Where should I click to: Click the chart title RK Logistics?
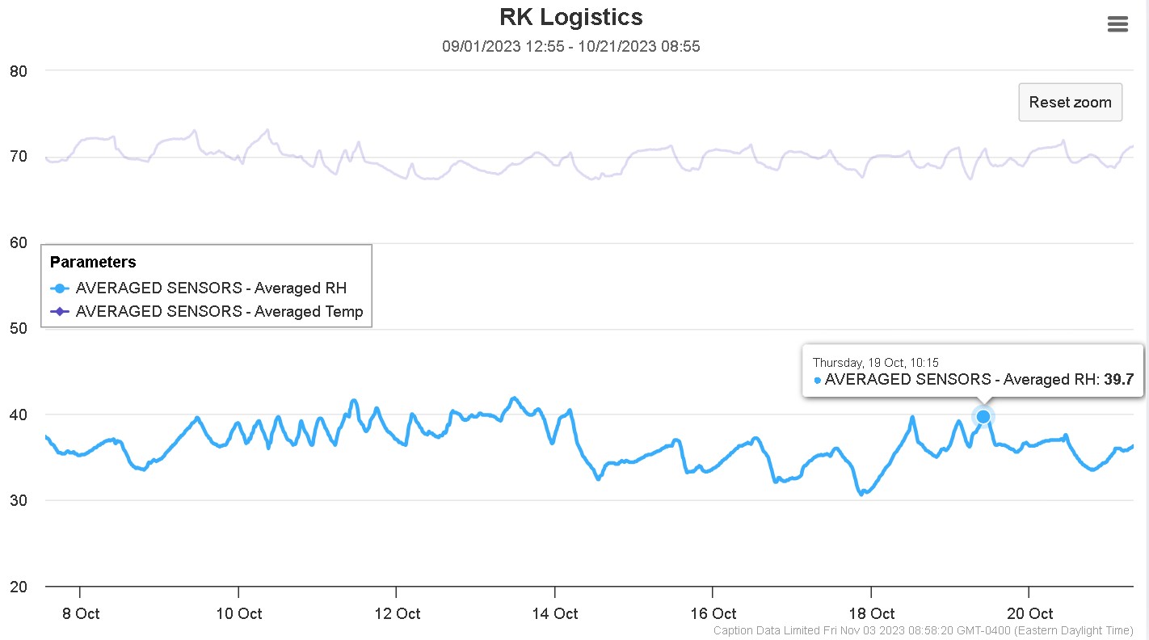pos(570,17)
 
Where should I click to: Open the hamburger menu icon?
pos(1117,24)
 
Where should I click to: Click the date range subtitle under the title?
pos(570,47)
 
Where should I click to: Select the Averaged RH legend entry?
pos(211,288)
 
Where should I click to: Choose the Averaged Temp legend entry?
pos(219,311)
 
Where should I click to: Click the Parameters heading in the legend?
pos(93,262)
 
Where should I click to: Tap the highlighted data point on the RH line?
pos(983,416)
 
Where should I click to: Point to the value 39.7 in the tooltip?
pos(1119,379)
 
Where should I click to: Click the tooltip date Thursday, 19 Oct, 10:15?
pos(875,363)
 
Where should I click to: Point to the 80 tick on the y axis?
pos(19,71)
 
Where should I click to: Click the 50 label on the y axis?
pos(19,329)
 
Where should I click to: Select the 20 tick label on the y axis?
pos(19,587)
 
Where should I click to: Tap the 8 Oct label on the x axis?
pos(81,613)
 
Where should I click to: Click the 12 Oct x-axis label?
pos(397,613)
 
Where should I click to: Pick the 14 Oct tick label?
pos(555,613)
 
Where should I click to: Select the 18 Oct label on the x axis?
pos(871,613)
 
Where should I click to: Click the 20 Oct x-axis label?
pos(1029,613)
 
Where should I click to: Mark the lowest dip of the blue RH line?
pos(861,493)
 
